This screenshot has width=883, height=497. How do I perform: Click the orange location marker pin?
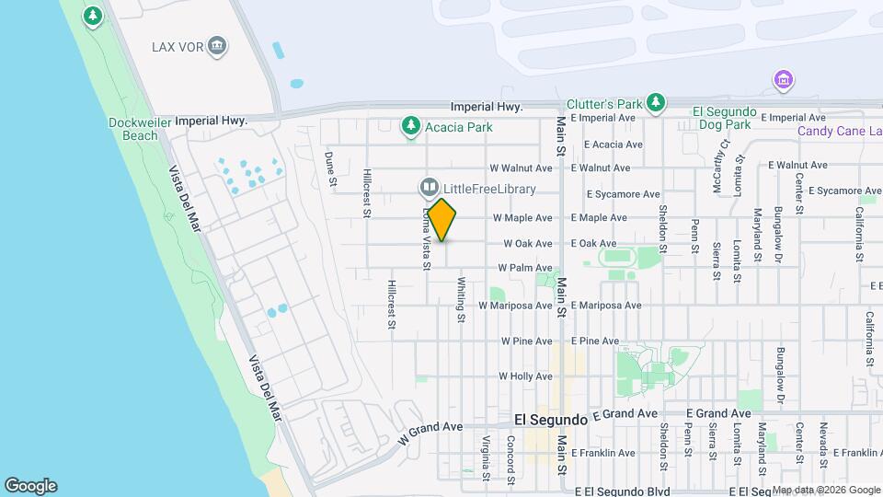click(442, 220)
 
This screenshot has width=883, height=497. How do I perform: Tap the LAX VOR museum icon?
click(217, 47)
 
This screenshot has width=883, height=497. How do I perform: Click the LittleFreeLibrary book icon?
click(429, 189)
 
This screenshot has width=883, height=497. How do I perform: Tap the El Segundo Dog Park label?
click(724, 118)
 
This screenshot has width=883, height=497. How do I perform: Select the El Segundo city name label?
click(550, 419)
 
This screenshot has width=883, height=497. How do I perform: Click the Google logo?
click(30, 486)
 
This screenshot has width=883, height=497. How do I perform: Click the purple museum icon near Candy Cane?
click(783, 81)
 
